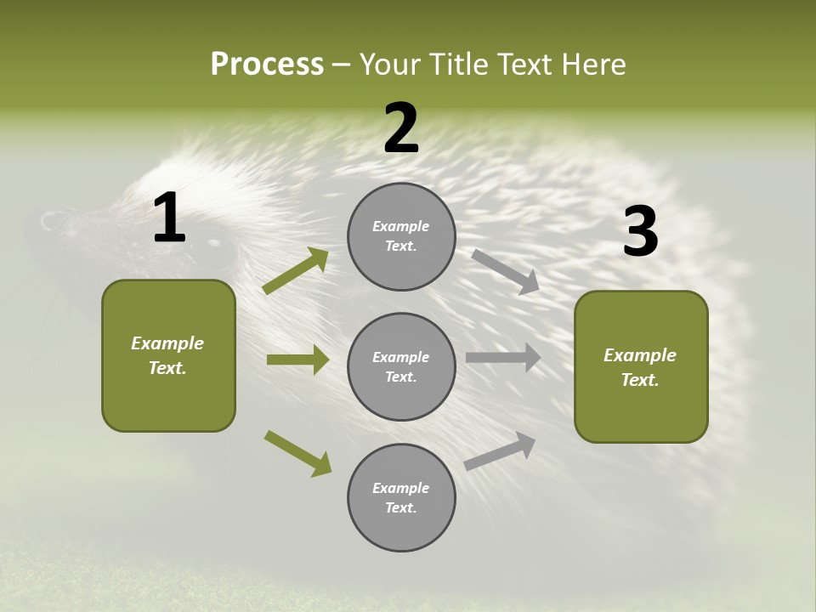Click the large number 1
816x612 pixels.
(x=169, y=218)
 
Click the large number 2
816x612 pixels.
(x=400, y=128)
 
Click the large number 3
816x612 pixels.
(x=640, y=232)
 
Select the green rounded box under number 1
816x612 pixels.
(x=168, y=355)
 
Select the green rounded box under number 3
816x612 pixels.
(x=641, y=367)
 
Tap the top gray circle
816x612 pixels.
(x=401, y=236)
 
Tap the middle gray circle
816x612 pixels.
(x=401, y=367)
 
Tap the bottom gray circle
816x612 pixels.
(x=401, y=498)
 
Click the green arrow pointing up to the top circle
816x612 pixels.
(x=296, y=271)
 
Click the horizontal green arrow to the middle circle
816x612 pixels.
(x=297, y=360)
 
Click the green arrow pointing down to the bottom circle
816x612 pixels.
(x=297, y=453)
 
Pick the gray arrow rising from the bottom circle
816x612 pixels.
(x=500, y=450)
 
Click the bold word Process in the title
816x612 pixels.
(x=267, y=64)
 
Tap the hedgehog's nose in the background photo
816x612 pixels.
(x=49, y=221)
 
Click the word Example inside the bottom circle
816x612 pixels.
(x=400, y=488)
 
